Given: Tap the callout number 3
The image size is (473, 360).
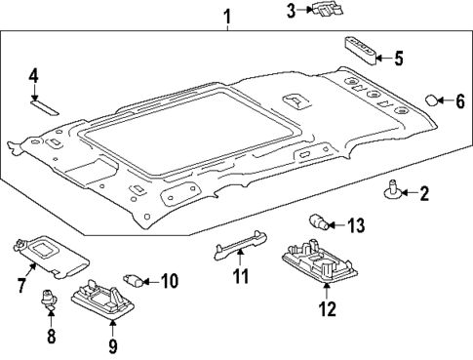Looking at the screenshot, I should point(291,11).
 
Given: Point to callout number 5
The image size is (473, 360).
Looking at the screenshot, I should point(397,57).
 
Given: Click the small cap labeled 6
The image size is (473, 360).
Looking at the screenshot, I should point(432,100).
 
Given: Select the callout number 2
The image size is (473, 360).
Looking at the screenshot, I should point(423,194).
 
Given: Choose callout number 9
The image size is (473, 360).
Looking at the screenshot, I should point(112,344).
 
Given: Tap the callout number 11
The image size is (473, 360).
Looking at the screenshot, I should point(239,277).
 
